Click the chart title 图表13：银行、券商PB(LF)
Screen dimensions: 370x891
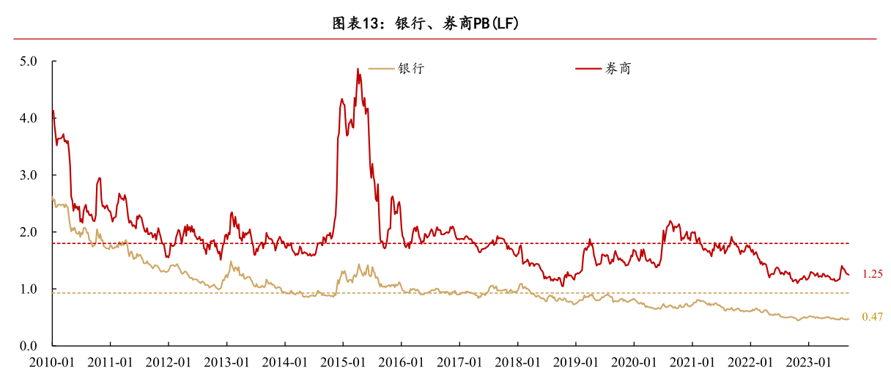coord(426,23)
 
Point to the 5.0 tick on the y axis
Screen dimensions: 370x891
coord(29,62)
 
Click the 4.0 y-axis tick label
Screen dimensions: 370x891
coord(29,118)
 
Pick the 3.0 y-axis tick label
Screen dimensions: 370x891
coord(29,175)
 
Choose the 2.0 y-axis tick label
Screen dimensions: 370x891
coord(29,232)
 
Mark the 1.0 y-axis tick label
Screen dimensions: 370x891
coord(29,289)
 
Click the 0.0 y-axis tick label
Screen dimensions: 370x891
coord(29,346)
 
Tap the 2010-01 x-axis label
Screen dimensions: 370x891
coord(52,361)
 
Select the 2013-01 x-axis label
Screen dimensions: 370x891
coord(226,361)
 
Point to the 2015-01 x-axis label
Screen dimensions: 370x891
coord(343,361)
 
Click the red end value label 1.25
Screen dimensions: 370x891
coord(872,274)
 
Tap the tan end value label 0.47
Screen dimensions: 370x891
coord(872,317)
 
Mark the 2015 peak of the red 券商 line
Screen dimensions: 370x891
coord(358,69)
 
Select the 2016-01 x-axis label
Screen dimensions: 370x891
coord(401,361)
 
